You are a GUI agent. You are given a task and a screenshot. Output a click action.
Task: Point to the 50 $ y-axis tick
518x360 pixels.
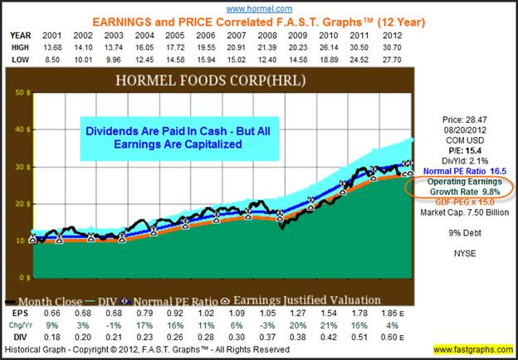tap(17, 93)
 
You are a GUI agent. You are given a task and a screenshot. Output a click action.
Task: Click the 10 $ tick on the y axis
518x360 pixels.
tap(17, 241)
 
